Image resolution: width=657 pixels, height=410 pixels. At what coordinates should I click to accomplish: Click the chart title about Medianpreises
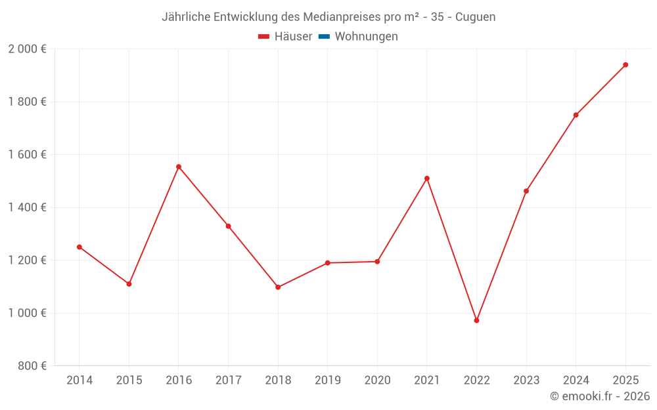(328, 16)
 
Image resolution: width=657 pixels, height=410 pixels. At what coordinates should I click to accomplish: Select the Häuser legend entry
(285, 37)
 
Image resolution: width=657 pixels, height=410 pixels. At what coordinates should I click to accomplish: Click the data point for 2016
(179, 167)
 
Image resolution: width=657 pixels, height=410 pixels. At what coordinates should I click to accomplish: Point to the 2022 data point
(476, 320)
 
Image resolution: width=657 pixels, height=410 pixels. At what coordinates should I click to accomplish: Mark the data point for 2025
(625, 65)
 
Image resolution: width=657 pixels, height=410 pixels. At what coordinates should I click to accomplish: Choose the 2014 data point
(79, 247)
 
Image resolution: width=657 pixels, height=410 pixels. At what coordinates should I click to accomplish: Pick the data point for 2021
(427, 178)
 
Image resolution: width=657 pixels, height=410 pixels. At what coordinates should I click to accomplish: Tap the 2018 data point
(278, 287)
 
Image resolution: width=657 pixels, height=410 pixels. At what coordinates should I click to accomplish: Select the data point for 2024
(576, 115)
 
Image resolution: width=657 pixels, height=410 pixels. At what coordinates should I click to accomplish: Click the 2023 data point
(526, 191)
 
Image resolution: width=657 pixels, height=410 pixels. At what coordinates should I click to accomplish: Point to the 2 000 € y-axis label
(27, 49)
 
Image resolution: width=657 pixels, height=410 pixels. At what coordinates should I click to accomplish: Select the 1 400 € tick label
(27, 207)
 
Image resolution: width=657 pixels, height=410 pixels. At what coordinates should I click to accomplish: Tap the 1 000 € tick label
(27, 313)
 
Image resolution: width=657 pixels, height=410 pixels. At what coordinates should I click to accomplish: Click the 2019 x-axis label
(328, 380)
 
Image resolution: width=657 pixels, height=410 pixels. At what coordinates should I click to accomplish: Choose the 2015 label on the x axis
(129, 380)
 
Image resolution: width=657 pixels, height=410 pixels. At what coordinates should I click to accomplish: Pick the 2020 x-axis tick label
(377, 380)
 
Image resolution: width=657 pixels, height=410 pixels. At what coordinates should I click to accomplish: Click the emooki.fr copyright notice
(600, 396)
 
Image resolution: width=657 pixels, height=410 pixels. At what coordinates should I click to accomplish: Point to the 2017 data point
(228, 226)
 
